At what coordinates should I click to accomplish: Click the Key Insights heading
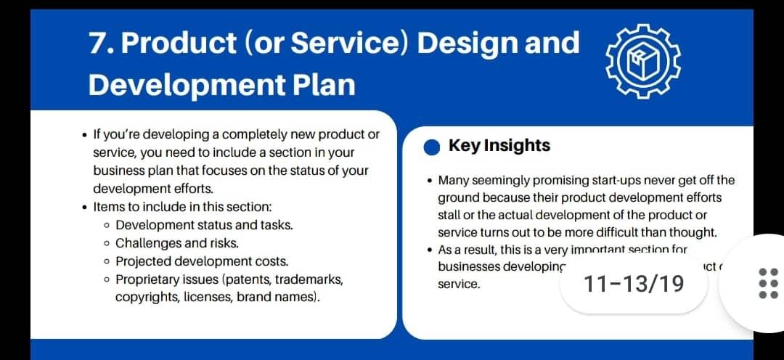pyautogui.click(x=499, y=145)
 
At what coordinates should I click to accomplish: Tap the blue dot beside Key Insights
pyautogui.click(x=432, y=147)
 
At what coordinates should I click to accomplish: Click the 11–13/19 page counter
pyautogui.click(x=634, y=284)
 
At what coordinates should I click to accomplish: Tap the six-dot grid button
pyautogui.click(x=767, y=283)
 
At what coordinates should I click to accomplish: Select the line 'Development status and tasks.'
pyautogui.click(x=204, y=225)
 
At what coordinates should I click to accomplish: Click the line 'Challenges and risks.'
pyautogui.click(x=176, y=243)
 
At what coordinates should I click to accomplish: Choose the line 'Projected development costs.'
pyautogui.click(x=202, y=261)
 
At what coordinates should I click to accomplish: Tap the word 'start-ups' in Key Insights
pyautogui.click(x=613, y=180)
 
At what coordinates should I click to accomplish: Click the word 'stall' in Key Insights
pyautogui.click(x=449, y=215)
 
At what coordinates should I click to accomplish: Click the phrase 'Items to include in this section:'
pyautogui.click(x=182, y=207)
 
